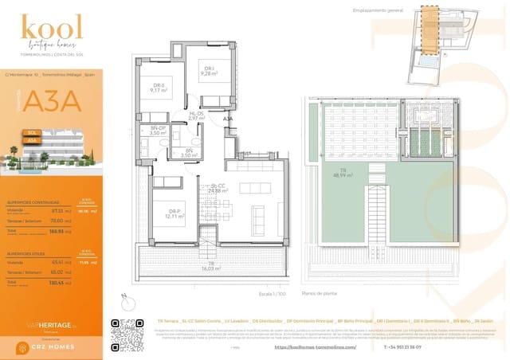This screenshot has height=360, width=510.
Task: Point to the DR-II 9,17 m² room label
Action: [x=159, y=88]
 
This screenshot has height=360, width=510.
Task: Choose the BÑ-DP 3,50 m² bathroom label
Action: [x=158, y=131]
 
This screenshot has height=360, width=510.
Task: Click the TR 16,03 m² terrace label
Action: [x=211, y=267]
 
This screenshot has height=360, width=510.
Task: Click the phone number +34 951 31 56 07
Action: [x=403, y=346]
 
